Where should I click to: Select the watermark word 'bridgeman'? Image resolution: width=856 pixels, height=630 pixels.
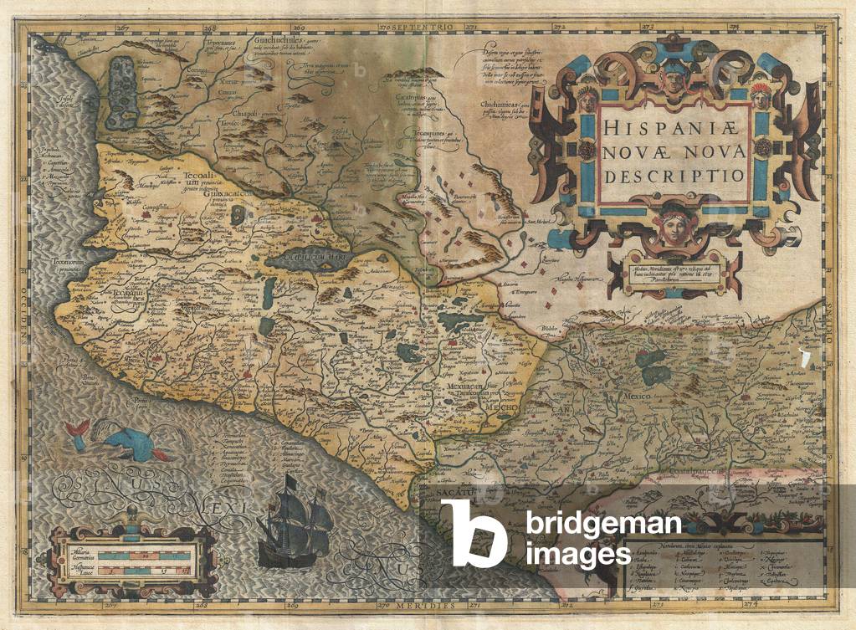602,525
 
